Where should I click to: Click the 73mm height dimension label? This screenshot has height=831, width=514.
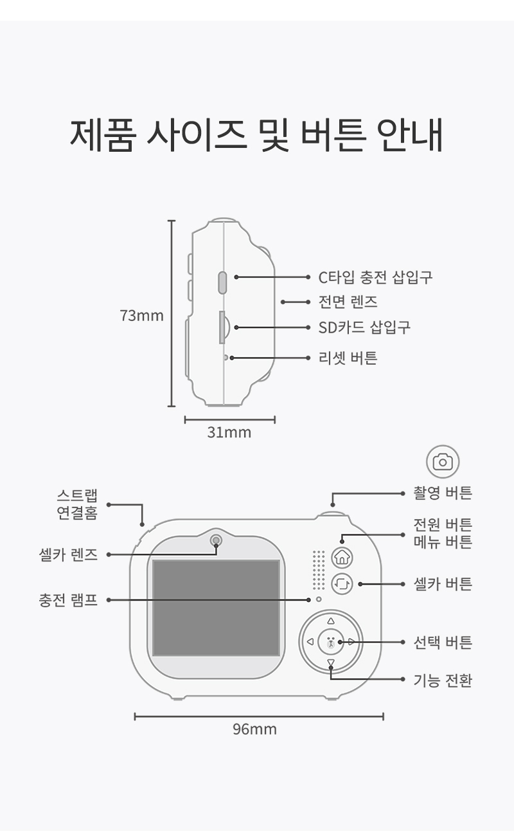coord(142,316)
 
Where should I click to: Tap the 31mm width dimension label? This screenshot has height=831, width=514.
coord(229,433)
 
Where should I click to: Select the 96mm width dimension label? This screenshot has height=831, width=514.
coord(254,729)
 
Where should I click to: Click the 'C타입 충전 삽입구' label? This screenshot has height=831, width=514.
coord(375,277)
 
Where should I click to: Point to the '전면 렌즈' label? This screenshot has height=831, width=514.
coord(348,302)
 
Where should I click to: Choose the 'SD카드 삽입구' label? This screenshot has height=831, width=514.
coord(364,327)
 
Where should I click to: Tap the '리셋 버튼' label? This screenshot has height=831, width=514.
coord(348,358)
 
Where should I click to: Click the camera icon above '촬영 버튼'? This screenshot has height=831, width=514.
coord(443,462)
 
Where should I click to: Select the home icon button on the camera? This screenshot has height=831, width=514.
coord(342,557)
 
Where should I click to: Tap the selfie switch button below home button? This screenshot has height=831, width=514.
coord(342,584)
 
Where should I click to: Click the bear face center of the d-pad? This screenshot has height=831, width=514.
coord(331,641)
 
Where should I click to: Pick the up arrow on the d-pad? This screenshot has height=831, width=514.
coord(331,621)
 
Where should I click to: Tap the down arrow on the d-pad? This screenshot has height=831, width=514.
coord(331,662)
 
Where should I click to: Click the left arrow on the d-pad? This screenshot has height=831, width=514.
coord(310,641)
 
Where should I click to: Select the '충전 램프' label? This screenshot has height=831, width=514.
coord(68,600)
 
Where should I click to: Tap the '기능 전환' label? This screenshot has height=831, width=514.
coord(443,680)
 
